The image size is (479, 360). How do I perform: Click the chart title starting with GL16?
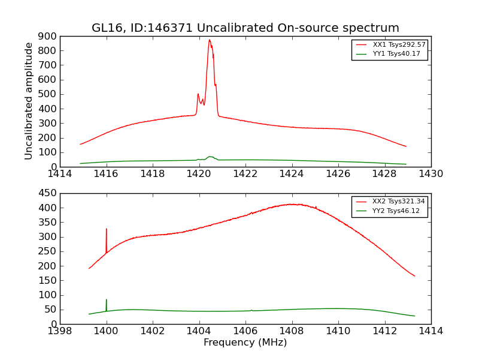245,28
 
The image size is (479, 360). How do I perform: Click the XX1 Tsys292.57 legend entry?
390,45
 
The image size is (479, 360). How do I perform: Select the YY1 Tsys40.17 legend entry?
390,54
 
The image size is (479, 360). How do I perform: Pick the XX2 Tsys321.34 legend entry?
389,202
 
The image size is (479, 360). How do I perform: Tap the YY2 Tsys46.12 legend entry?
389,211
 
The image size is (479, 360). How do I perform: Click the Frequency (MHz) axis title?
245,343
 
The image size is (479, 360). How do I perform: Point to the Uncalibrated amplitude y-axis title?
29,101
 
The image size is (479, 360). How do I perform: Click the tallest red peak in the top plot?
210,40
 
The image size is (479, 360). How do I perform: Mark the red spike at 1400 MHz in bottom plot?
107,229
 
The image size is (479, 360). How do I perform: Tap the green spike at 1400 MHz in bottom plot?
107,300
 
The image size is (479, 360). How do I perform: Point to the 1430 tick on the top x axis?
431,174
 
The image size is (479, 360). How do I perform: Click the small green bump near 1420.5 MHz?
210,157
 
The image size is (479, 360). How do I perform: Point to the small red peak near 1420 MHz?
198,94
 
